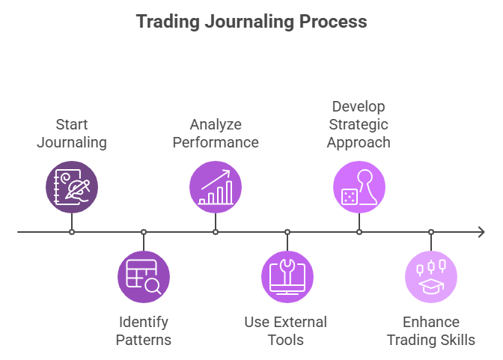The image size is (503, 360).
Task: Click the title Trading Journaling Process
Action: coord(251,21)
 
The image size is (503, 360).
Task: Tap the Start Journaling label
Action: coord(72,132)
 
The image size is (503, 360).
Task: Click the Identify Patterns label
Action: coord(144,331)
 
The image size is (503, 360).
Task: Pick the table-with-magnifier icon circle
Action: coord(144,277)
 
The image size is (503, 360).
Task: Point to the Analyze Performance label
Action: coord(216,132)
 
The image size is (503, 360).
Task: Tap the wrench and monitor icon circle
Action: coord(287,277)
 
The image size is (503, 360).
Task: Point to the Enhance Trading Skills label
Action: coord(430,331)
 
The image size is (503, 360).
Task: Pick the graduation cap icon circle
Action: coord(431,277)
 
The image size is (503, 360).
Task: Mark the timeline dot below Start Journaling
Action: coord(72,232)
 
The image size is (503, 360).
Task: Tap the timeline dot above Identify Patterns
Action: coord(144,232)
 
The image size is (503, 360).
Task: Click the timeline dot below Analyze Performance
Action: coord(216,232)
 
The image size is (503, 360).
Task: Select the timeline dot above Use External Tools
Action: coord(287,232)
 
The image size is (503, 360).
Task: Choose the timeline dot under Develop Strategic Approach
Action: coord(359,232)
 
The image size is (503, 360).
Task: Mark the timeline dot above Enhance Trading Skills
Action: coord(431,232)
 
